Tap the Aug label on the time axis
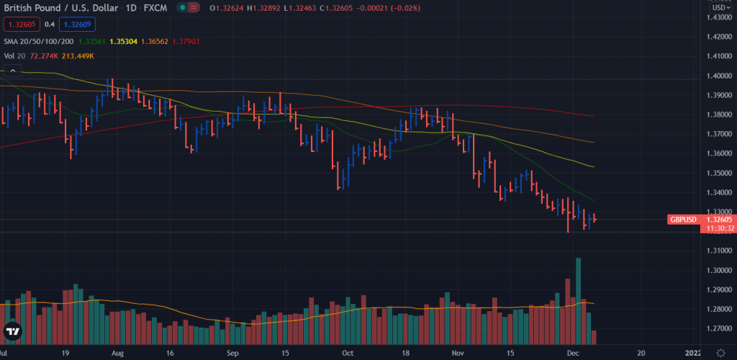click(115, 354)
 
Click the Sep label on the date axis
click(232, 354)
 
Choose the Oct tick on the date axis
click(348, 354)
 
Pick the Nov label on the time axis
click(458, 354)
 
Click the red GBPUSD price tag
click(683, 219)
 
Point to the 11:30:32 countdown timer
click(720, 228)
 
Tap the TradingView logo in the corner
click(12, 332)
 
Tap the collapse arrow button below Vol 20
click(12, 70)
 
